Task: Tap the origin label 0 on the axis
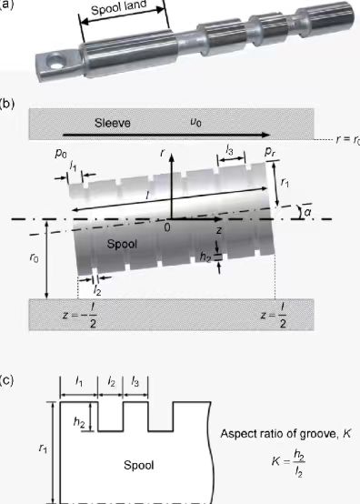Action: click(x=167, y=227)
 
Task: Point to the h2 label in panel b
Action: click(x=206, y=257)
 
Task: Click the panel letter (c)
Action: click(x=9, y=376)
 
